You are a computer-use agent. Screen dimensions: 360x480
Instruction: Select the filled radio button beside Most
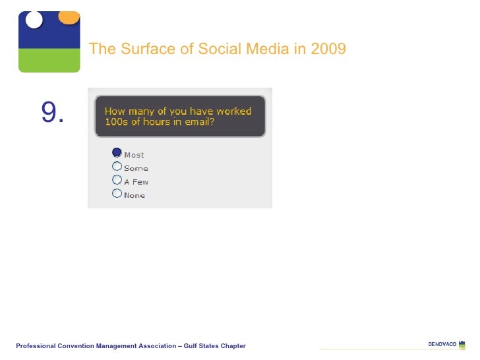point(117,152)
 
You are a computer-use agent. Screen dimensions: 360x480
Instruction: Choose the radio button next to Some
point(117,166)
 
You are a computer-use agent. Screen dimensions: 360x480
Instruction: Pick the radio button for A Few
point(117,179)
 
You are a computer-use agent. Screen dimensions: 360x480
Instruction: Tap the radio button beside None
point(117,193)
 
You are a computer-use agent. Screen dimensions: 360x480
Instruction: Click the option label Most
point(134,155)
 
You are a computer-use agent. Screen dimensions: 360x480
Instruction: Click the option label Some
point(136,168)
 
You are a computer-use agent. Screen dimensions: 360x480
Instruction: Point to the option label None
point(135,195)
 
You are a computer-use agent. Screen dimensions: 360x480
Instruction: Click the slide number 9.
point(52,113)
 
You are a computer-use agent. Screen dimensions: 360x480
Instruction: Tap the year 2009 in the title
point(328,49)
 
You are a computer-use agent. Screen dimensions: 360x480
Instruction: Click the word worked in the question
point(233,111)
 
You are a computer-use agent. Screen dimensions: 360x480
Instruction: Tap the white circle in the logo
point(34,20)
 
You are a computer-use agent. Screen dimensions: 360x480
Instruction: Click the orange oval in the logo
point(69,17)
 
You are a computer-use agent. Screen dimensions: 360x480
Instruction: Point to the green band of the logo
point(49,61)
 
